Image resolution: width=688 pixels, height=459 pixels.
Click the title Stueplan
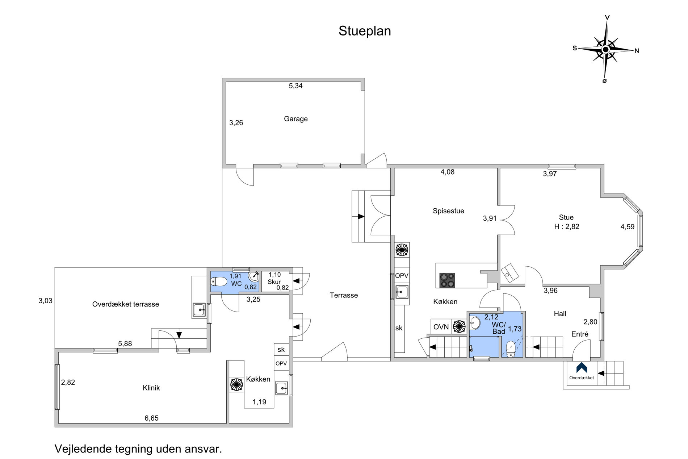(x=365, y=31)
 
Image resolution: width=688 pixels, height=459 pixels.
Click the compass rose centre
(x=605, y=49)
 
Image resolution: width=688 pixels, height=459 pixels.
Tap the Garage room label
(x=296, y=119)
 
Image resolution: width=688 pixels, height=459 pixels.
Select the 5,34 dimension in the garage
(x=295, y=86)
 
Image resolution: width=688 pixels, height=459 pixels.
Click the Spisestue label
(x=448, y=211)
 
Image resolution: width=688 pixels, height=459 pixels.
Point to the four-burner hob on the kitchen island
(x=447, y=280)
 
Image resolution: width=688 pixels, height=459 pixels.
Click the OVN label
(x=441, y=327)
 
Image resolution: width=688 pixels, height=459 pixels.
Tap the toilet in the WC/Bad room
(x=511, y=349)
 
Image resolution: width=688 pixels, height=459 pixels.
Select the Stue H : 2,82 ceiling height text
(x=567, y=222)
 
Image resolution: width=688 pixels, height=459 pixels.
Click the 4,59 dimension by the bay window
(x=628, y=227)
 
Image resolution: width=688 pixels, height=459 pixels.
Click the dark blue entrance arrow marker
(x=582, y=367)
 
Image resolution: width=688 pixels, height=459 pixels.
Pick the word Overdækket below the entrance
(x=582, y=378)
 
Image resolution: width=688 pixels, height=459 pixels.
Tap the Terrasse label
(x=344, y=295)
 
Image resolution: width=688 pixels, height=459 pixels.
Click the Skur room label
(x=274, y=282)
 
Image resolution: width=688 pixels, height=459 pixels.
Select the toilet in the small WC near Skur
(x=219, y=281)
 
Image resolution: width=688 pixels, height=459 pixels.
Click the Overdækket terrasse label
(x=126, y=304)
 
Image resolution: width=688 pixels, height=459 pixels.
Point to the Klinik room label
(x=151, y=388)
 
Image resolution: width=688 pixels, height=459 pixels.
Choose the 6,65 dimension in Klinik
(x=152, y=418)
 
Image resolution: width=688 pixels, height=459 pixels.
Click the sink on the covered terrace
(x=199, y=310)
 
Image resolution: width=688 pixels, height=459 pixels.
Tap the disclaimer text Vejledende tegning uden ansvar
(x=138, y=449)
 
